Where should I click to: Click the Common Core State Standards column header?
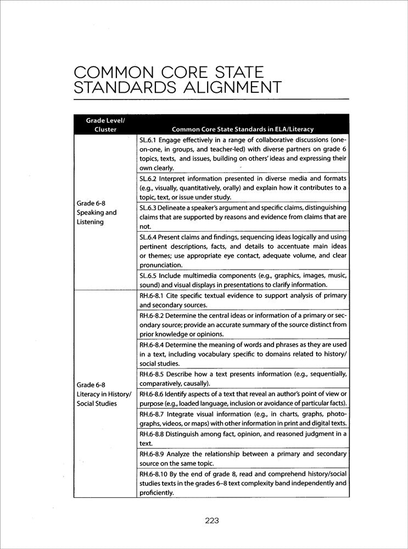pos(243,130)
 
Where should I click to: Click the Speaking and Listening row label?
pos(97,217)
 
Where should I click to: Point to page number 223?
pos(212,522)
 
